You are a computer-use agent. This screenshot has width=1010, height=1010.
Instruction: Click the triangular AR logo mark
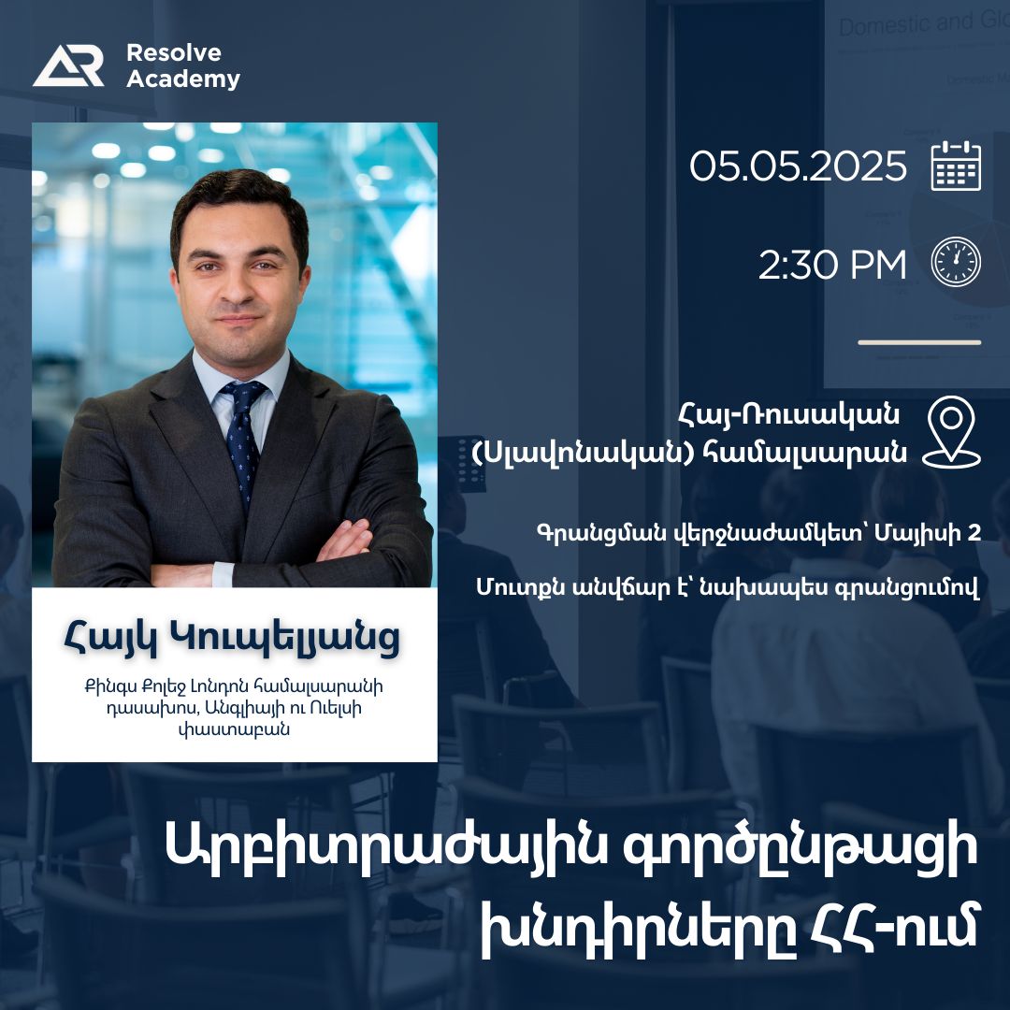[x=67, y=65]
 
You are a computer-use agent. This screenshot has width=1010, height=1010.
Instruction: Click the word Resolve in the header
[x=174, y=52]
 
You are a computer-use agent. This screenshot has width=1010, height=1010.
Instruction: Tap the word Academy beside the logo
[x=183, y=79]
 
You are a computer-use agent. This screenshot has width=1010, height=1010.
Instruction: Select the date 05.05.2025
[x=798, y=166]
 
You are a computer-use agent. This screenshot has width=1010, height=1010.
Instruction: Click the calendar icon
[x=956, y=166]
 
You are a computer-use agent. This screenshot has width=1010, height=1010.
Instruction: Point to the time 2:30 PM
[x=832, y=264]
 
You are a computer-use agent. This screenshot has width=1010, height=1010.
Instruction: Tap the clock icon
[x=956, y=262]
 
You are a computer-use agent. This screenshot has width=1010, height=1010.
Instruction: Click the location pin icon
[x=951, y=431]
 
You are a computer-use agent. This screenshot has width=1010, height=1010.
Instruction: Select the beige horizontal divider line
[x=919, y=342]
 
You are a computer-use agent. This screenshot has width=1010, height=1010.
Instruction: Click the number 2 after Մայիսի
[x=974, y=533]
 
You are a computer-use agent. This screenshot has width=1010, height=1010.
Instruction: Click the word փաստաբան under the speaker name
[x=234, y=730]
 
